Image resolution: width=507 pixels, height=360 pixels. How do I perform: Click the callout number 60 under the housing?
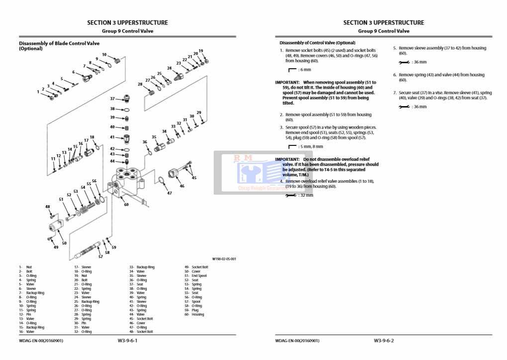pos(126,204)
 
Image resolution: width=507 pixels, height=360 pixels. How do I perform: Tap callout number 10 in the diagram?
pos(104,55)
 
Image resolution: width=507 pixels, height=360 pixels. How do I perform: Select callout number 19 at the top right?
pos(201,51)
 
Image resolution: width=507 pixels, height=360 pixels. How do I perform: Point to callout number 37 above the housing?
pos(112,99)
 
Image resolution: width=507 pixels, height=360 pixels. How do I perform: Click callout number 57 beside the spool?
pos(100,257)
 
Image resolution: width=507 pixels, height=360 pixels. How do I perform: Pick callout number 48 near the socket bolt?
pos(48,207)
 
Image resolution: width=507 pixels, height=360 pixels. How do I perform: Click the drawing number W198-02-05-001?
pos(224,259)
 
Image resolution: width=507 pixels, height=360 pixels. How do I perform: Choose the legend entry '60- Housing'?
pos(195,315)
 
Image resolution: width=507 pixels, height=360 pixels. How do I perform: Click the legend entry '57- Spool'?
pos(193,302)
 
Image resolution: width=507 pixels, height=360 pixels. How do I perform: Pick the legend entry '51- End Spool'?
pos(196,276)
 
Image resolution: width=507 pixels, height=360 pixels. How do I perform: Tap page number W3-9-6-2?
pos(384,341)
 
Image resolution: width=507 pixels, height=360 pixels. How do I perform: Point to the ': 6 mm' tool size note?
pos(300,70)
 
